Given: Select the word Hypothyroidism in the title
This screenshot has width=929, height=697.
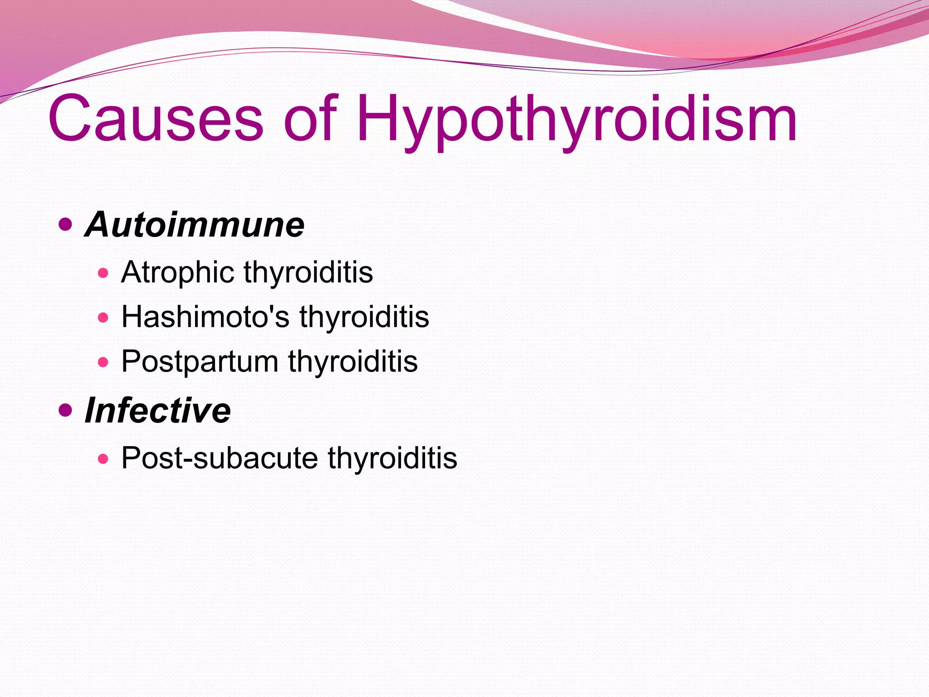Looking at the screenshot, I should (x=576, y=119).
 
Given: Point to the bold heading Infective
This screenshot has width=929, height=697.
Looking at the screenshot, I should (x=158, y=410).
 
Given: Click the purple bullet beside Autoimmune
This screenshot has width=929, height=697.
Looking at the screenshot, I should (x=66, y=224).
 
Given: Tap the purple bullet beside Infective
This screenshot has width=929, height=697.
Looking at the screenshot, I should (x=66, y=410).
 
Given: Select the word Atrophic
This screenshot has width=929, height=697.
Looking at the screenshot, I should (x=177, y=273).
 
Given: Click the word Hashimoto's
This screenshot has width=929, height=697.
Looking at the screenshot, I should (x=205, y=317).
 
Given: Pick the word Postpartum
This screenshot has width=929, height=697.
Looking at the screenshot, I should (x=200, y=362).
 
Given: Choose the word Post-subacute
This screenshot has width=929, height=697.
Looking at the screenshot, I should (x=220, y=458).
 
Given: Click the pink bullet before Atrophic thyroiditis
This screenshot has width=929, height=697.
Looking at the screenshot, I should (x=103, y=273).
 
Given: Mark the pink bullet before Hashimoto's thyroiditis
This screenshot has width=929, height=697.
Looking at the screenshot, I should (x=103, y=317).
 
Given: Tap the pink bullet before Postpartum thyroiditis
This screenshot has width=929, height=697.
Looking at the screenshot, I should (x=103, y=362).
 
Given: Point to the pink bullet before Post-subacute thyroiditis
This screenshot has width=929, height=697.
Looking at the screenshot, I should (x=103, y=458).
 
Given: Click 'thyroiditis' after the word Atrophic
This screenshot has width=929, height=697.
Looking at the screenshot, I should (x=308, y=273).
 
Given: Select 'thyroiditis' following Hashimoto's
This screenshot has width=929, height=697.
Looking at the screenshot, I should (x=364, y=317).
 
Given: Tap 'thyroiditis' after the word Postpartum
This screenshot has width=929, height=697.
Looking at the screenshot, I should (x=352, y=362).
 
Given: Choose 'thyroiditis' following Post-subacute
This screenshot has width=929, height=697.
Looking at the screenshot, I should (x=392, y=458).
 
